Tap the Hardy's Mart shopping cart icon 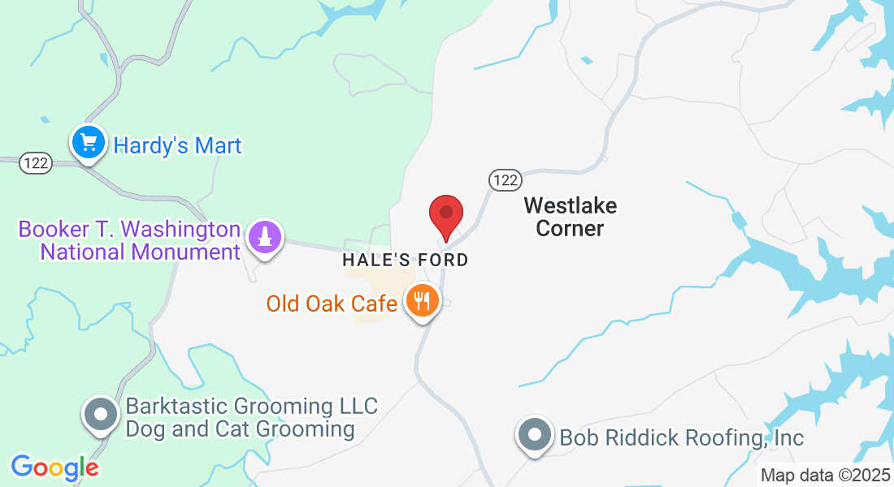pos(88,144)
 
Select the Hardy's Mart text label pos(178,146)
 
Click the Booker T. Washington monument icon pos(264,238)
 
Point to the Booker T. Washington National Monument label pos(130,240)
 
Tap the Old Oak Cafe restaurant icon pos(421,302)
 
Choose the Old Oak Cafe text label pos(332,304)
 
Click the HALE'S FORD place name pos(406,261)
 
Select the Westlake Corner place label pos(570,217)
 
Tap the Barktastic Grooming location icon pos(101,415)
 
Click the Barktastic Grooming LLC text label pos(251,406)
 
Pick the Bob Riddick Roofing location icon pos(535,434)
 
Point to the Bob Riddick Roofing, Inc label pos(681,438)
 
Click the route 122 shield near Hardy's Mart pos(38,163)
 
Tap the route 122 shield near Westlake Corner pos(505,179)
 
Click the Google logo pos(54,468)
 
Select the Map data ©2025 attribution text pos(825,476)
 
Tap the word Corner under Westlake pos(570,228)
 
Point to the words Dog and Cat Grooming pos(240,429)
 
